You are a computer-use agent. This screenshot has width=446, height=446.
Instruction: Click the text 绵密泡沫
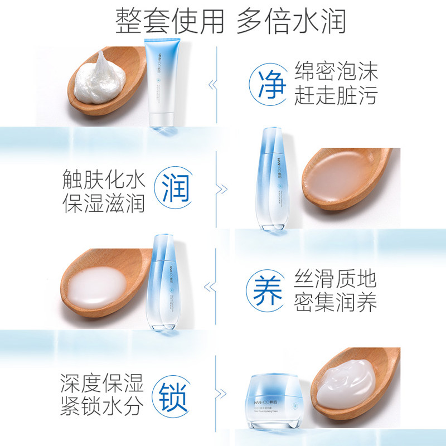pos(336,72)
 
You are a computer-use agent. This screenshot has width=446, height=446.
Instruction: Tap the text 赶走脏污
pos(336,96)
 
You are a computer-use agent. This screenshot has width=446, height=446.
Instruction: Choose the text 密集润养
pos(336,303)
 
